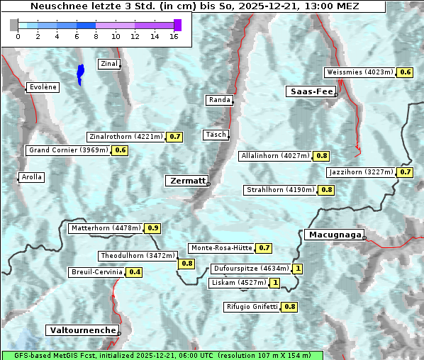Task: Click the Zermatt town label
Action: coord(186,181)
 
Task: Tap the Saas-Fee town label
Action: coord(311,91)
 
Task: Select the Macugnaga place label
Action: coord(333,235)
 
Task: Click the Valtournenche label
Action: coord(82,330)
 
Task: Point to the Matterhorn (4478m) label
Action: coord(105,228)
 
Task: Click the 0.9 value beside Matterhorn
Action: coord(152,228)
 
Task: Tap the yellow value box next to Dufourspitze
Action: coord(298,269)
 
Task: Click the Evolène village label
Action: coord(42,87)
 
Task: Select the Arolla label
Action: coord(31,177)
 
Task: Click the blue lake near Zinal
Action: coord(80,73)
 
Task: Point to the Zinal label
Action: coord(109,64)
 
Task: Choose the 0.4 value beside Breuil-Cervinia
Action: coord(134,272)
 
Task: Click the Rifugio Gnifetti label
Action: coord(252,307)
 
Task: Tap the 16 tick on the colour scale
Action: coord(174,37)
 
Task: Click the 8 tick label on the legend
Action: coord(96,37)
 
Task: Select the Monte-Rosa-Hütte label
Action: coord(221,248)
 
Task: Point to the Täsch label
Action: coord(215,135)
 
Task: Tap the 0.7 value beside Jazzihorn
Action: coord(405,172)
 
